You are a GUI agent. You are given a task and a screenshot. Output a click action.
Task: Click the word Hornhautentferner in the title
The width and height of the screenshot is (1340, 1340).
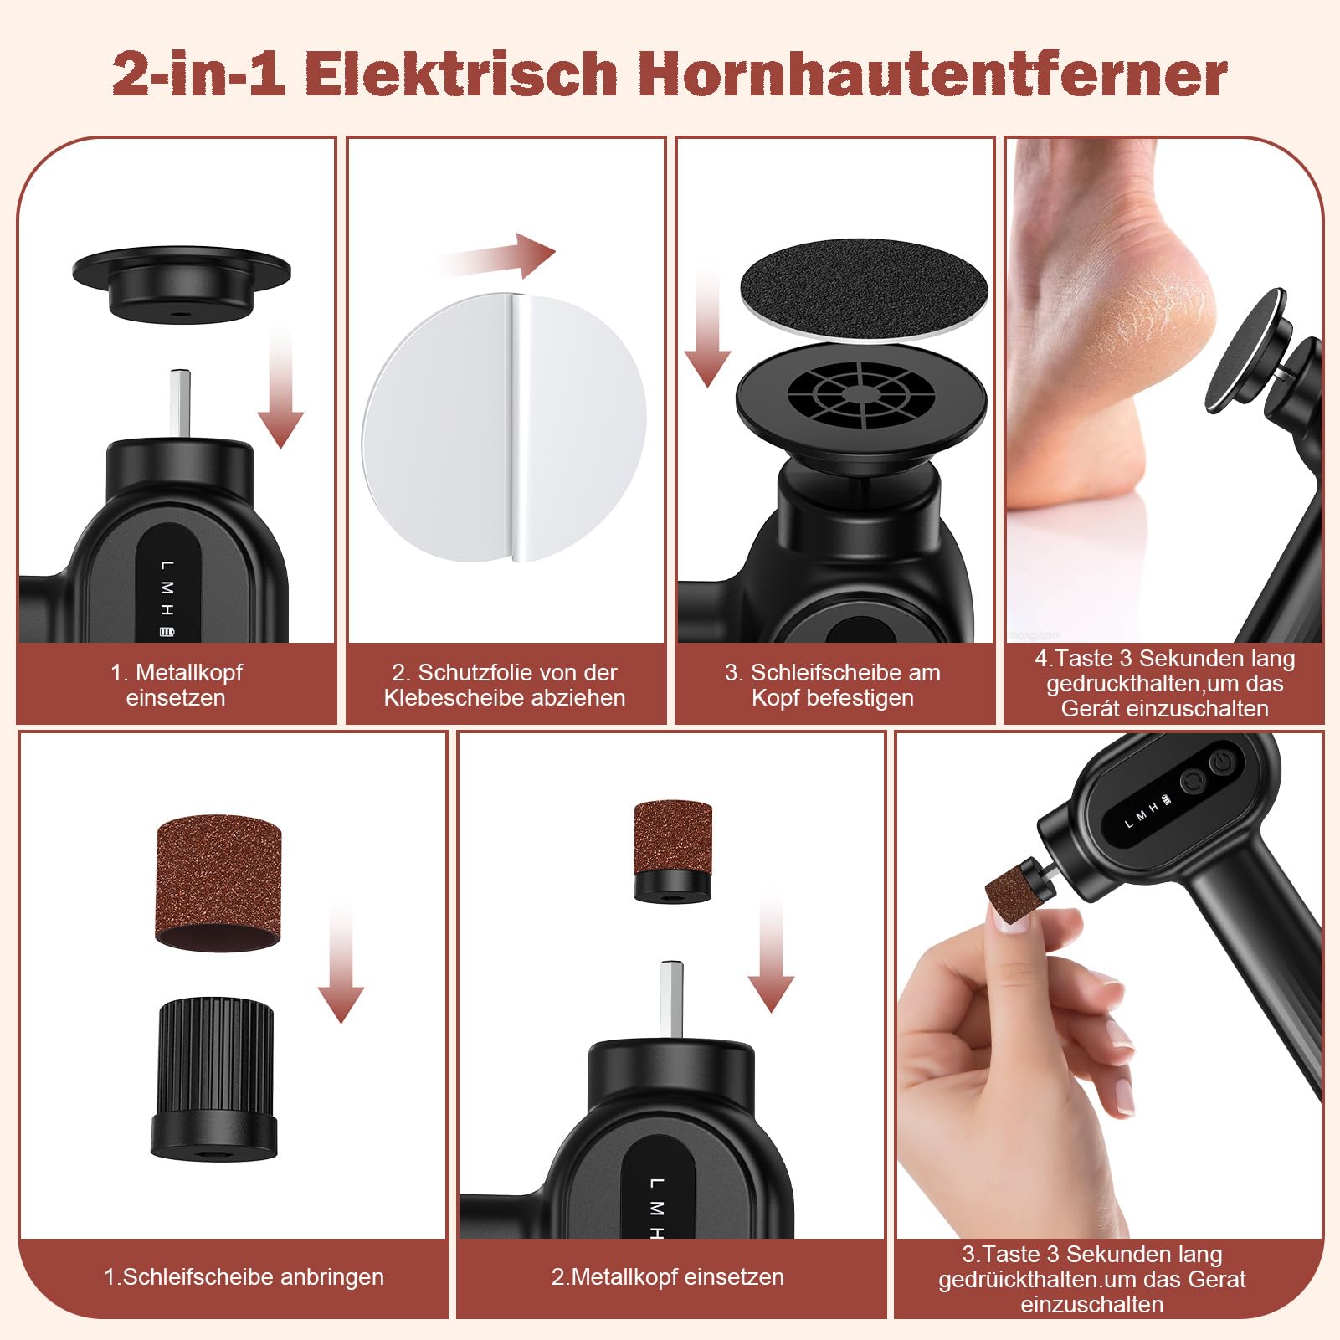pyautogui.click(x=933, y=74)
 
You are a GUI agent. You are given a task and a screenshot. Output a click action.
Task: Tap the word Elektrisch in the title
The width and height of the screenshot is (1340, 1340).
pyautogui.click(x=461, y=74)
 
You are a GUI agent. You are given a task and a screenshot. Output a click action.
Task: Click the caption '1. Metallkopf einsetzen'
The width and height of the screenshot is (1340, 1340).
pyautogui.click(x=176, y=685)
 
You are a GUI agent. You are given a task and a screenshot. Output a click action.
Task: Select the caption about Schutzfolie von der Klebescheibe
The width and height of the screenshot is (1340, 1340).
pyautogui.click(x=505, y=685)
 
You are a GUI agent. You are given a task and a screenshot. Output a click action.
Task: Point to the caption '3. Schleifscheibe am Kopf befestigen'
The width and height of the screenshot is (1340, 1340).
pyautogui.click(x=833, y=685)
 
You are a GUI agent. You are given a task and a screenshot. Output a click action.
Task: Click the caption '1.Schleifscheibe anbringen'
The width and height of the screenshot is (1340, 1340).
pyautogui.click(x=244, y=1276)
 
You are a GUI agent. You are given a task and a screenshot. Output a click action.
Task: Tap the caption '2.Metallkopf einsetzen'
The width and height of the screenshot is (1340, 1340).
pyautogui.click(x=667, y=1276)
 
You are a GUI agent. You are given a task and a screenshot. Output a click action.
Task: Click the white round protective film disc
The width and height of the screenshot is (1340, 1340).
pyautogui.click(x=504, y=427)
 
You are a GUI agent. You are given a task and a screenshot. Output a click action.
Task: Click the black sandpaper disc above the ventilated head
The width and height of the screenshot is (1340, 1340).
pyautogui.click(x=864, y=289)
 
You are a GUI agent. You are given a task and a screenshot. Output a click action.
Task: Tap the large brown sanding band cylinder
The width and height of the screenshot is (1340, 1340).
pyautogui.click(x=218, y=882)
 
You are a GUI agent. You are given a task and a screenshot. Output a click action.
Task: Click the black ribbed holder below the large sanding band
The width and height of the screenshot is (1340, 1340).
pyautogui.click(x=214, y=1078)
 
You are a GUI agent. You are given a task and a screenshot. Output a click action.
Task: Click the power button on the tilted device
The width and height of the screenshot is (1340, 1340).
pyautogui.click(x=1222, y=762)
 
